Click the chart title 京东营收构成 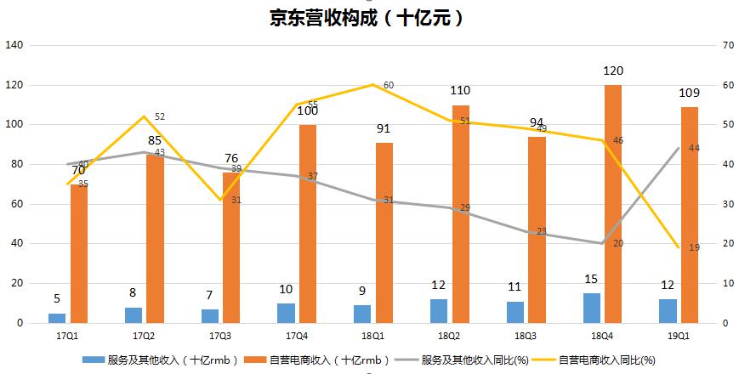click(x=368, y=18)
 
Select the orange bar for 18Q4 click(x=613, y=204)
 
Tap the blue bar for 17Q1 click(x=57, y=318)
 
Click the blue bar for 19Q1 click(x=668, y=311)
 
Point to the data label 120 click(x=613, y=71)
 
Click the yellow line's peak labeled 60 click(x=373, y=85)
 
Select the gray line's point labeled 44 click(x=679, y=148)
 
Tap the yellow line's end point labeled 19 click(x=679, y=247)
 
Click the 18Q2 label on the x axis click(x=450, y=337)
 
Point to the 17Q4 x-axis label click(x=297, y=337)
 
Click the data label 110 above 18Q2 click(x=460, y=91)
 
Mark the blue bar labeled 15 click(x=592, y=308)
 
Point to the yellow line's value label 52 click(x=160, y=117)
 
